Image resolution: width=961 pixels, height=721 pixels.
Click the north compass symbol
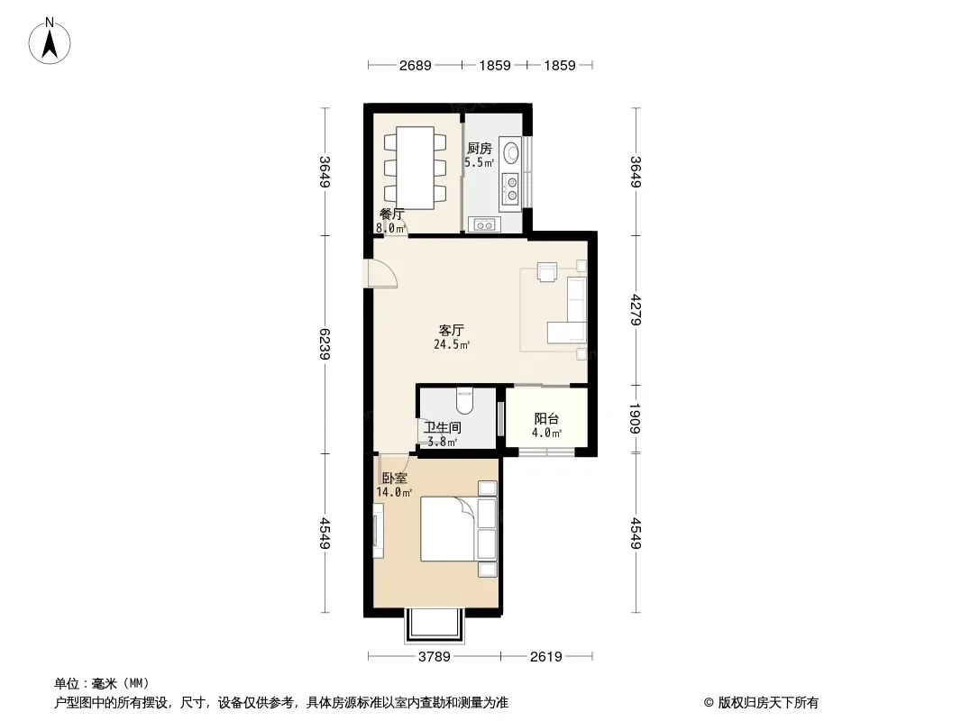point(50,41)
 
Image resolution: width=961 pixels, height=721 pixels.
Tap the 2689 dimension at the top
point(415,65)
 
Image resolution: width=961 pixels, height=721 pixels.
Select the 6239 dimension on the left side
point(325,344)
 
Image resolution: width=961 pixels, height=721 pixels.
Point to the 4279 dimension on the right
point(636,310)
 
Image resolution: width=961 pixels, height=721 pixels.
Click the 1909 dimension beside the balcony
point(636,418)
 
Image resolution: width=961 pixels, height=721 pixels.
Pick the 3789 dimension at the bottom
point(434,657)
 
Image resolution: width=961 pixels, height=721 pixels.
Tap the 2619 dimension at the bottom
point(545,657)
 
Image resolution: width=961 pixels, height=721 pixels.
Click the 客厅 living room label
point(452,330)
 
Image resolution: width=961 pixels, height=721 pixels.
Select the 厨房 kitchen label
point(480,148)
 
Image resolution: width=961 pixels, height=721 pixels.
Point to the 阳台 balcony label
point(546,419)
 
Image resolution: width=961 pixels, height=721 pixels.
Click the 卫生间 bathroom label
point(443,427)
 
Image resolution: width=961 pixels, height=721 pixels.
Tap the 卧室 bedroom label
point(394,479)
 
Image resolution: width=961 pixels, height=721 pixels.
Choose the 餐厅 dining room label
point(391,214)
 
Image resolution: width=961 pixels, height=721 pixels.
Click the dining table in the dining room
point(416,168)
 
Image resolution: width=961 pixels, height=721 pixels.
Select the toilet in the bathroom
point(464,400)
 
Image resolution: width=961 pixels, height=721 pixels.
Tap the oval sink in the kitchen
point(510,151)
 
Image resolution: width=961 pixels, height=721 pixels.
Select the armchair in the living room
point(546,271)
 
